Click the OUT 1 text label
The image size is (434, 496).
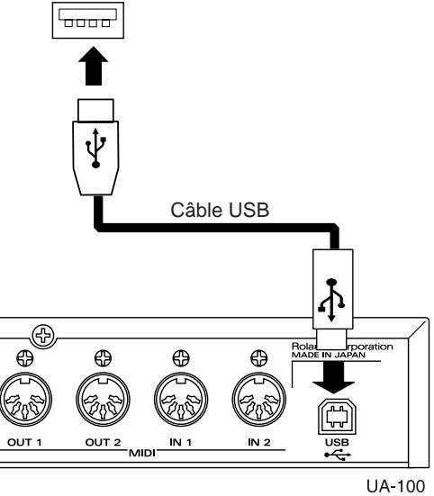point(20,443)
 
